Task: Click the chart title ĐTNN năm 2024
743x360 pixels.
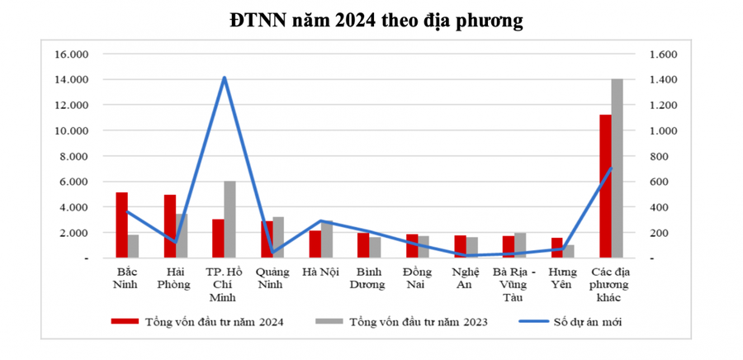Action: pyautogui.click(x=376, y=21)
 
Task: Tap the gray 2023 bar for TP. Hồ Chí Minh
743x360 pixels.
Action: pyautogui.click(x=230, y=220)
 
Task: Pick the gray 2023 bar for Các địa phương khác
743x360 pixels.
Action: pyautogui.click(x=616, y=168)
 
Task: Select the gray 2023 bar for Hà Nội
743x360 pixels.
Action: pyautogui.click(x=326, y=239)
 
